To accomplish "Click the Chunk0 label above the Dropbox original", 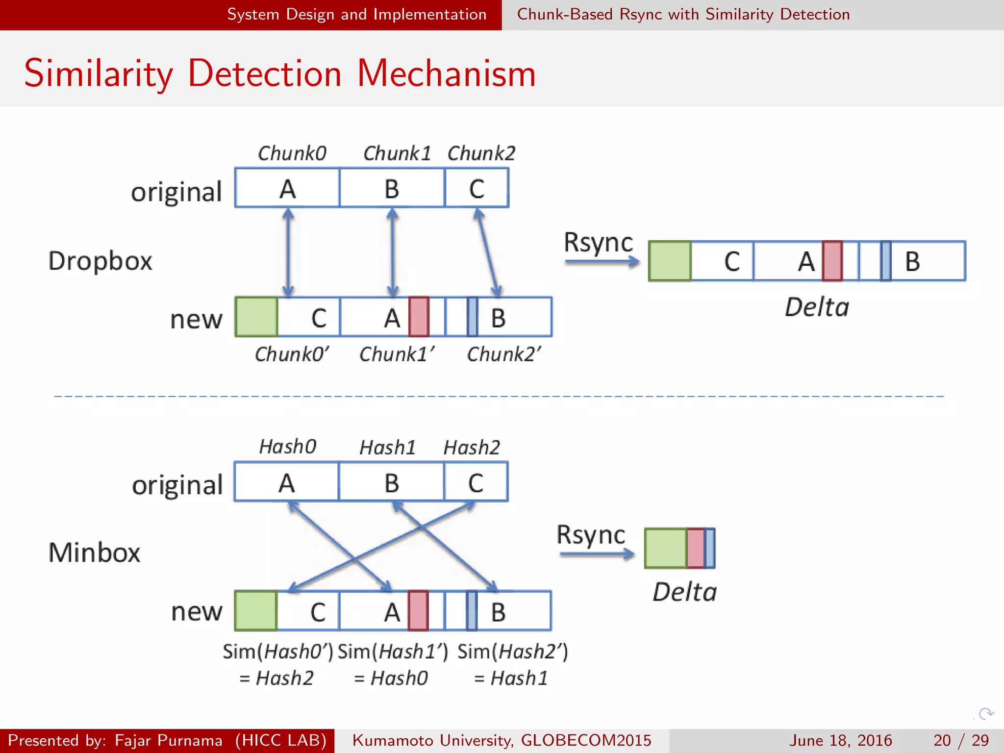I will (292, 153).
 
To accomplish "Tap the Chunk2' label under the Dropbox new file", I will (503, 354).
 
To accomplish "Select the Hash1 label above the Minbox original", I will (387, 448).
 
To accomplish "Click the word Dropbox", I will (100, 261).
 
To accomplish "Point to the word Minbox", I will (94, 552).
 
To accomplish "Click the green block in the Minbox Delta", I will (665, 548).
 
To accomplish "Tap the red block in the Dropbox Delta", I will (832, 261).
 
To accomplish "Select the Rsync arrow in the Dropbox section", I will (602, 262).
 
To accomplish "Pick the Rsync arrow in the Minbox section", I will (596, 554).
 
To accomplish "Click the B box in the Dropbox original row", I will (392, 188).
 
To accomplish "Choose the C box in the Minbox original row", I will (476, 482).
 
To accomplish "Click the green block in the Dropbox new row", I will (256, 317).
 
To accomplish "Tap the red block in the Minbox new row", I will (418, 610).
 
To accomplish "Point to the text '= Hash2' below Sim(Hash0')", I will (276, 678).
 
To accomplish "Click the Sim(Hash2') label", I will (512, 652).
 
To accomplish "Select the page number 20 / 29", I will (961, 740).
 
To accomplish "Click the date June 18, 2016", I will (840, 740).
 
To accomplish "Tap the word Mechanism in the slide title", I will (446, 74).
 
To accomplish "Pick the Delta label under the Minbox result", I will (684, 592).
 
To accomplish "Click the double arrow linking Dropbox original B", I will (392, 252).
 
